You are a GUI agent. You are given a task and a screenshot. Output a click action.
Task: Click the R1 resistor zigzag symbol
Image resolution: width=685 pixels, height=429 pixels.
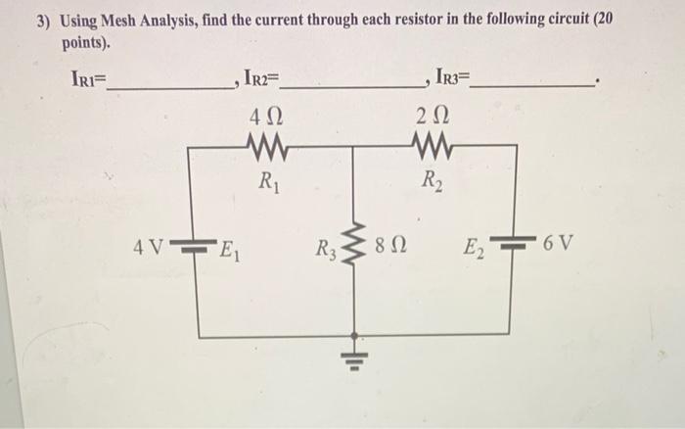[265, 147]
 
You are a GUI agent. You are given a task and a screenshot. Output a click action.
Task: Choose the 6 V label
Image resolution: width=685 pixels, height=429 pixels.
[560, 238]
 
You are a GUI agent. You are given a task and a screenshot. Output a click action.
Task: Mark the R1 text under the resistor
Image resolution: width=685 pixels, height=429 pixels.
[265, 180]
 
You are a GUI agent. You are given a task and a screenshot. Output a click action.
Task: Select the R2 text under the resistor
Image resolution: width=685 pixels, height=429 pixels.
[430, 180]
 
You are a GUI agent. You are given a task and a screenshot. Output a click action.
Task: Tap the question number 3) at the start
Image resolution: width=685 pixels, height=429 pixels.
[43, 20]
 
